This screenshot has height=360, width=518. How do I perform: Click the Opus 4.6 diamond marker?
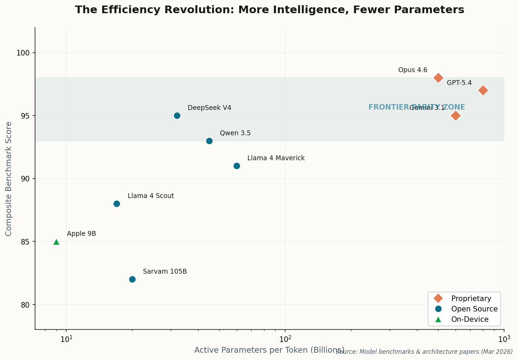click(x=438, y=78)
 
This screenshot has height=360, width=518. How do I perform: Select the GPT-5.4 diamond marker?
click(x=483, y=91)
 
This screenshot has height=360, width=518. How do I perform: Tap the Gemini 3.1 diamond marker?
click(x=456, y=116)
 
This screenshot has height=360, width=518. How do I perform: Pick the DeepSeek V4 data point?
click(x=177, y=115)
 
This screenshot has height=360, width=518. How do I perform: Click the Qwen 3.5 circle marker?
click(x=209, y=141)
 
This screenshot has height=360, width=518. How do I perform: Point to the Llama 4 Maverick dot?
click(x=237, y=166)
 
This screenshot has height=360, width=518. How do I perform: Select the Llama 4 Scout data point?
click(x=117, y=204)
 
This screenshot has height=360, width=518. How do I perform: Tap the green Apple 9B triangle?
click(x=56, y=242)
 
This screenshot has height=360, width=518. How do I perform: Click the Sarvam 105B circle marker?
click(x=132, y=279)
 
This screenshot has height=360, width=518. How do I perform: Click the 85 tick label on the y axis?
click(x=26, y=242)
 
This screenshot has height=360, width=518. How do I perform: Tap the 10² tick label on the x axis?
click(x=285, y=338)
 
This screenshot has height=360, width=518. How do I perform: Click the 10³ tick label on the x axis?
click(x=504, y=338)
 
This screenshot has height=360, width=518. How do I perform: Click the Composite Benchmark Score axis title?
click(x=9, y=179)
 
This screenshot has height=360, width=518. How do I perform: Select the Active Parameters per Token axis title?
click(x=269, y=350)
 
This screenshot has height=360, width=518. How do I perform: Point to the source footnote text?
click(x=424, y=352)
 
